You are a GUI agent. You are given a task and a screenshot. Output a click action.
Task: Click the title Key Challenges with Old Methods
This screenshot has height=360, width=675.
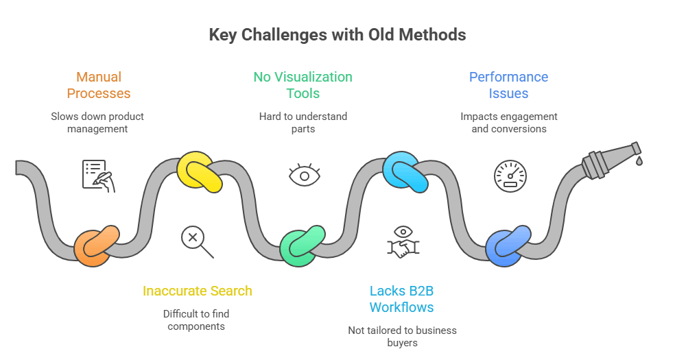[337, 35]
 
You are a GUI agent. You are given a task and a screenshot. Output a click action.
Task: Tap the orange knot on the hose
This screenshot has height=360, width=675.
[97, 246]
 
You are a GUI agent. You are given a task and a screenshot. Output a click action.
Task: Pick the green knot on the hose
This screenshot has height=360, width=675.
[303, 246]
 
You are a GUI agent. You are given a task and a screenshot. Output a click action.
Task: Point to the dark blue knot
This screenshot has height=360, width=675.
[508, 246]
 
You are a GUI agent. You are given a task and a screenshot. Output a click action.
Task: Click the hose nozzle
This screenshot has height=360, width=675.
[611, 160]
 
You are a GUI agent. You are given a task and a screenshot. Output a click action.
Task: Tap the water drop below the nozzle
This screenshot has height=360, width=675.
[639, 161]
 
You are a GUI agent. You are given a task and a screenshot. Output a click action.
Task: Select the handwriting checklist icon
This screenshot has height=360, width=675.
[99, 176]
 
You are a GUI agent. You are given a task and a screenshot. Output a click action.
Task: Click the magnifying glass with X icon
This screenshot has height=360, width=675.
[197, 242]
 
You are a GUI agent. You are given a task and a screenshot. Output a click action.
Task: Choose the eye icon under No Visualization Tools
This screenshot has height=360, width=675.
[305, 174]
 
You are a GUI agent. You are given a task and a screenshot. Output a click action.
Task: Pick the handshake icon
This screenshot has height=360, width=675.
[403, 242]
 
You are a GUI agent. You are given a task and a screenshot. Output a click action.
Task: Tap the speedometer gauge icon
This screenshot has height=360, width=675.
[510, 176]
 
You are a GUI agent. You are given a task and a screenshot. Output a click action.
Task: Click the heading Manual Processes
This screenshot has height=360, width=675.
[99, 85]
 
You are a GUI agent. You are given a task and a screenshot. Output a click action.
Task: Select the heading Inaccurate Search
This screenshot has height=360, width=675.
[197, 291]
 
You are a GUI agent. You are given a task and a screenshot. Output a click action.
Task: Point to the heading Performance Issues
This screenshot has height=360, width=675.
[508, 85]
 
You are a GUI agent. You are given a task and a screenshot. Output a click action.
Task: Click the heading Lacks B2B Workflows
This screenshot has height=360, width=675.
[402, 299]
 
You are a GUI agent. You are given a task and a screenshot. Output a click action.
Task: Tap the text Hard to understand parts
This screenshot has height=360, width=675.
[303, 123]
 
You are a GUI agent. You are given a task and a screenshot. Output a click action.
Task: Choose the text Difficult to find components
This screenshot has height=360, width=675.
[196, 320]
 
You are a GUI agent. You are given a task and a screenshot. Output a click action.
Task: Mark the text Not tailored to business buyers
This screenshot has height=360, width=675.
[402, 337]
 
